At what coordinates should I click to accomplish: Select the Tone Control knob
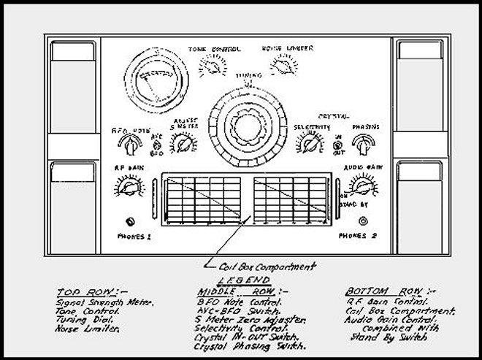213,67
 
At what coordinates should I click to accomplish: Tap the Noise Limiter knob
278,68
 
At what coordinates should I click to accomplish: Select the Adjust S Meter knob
180,144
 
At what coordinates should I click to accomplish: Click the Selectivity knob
307,144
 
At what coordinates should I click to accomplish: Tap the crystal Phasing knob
363,144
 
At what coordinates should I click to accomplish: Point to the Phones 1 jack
131,221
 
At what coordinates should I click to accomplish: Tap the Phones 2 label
357,236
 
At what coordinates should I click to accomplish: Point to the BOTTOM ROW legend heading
372,289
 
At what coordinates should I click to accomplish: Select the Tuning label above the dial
246,76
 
